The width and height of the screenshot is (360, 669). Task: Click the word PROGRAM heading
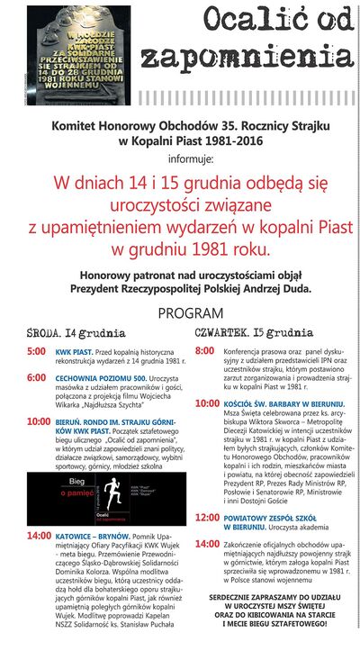190,313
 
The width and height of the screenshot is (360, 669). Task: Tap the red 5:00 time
36,350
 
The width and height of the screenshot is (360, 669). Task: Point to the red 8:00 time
205,349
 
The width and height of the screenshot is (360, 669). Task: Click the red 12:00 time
207,518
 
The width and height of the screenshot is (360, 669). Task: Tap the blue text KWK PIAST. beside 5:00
74,351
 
